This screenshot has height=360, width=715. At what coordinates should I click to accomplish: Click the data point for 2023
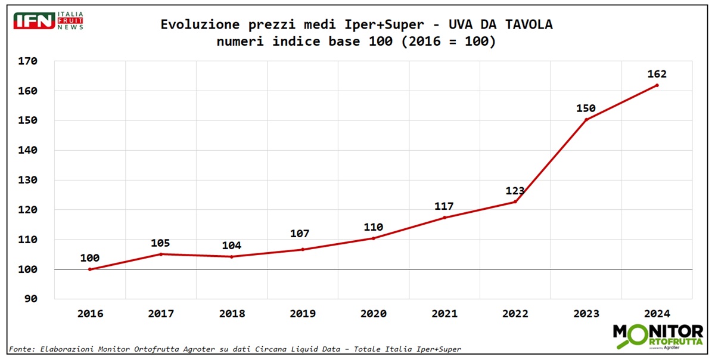[586, 120]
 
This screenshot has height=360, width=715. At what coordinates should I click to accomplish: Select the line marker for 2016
[90, 269]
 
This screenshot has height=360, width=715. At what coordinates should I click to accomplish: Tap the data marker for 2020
[374, 238]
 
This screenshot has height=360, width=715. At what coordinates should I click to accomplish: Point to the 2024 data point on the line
[657, 85]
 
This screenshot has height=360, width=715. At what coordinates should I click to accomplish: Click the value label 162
[657, 75]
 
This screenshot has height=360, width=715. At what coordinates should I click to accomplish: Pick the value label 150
[586, 108]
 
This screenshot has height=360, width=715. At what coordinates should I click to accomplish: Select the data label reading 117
[444, 206]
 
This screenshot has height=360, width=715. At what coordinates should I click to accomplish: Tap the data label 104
[232, 246]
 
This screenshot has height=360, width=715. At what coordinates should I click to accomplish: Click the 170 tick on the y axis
[28, 61]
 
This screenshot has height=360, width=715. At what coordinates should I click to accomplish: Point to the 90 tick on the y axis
[31, 299]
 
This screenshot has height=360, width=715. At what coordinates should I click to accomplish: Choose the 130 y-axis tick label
[28, 180]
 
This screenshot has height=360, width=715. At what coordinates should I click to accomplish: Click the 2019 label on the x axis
[303, 314]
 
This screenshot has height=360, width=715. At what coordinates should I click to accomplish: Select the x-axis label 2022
[515, 314]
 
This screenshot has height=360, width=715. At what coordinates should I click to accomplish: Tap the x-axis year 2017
[161, 314]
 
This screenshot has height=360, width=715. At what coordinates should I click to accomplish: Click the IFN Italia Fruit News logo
[48, 21]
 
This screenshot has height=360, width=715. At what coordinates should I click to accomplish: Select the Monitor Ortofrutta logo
[657, 337]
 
